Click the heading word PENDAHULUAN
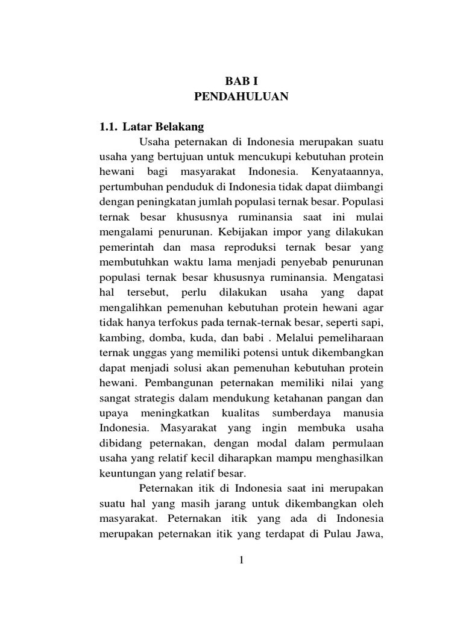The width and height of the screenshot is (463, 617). [241, 96]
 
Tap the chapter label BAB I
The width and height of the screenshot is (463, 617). [241, 80]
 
